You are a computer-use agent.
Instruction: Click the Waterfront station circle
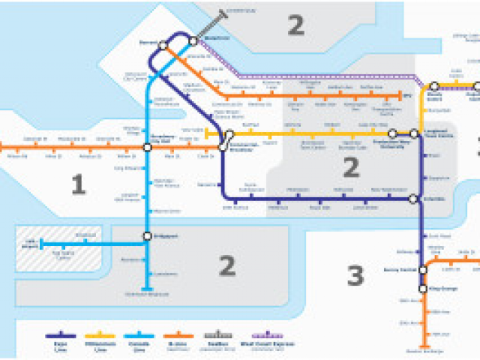(193, 40)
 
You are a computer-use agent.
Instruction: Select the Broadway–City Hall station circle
(148, 147)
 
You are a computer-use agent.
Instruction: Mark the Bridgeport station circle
(148, 237)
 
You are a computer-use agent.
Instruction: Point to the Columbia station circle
(413, 199)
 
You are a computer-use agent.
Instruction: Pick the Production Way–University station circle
(392, 134)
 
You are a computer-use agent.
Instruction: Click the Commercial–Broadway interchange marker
(222, 141)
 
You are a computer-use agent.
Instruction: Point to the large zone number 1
(78, 184)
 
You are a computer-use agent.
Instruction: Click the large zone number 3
(355, 276)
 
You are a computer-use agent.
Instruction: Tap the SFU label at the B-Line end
(408, 96)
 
